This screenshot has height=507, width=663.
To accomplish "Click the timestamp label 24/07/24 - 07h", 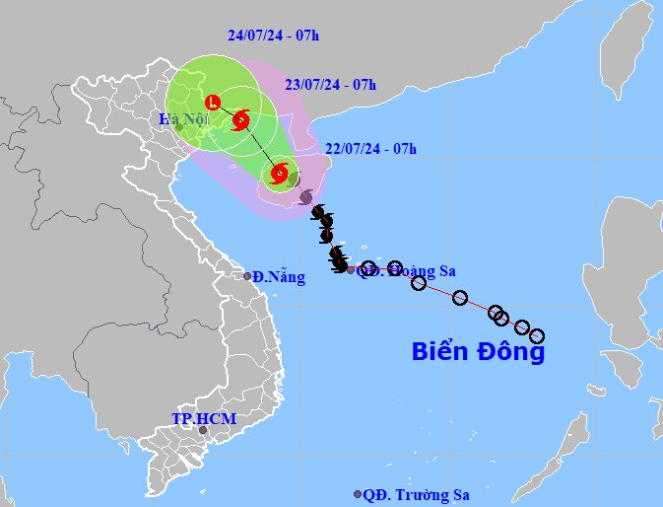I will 274,36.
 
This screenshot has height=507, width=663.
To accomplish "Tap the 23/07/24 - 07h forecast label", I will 330,84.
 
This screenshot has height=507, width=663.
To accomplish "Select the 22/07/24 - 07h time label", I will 370,149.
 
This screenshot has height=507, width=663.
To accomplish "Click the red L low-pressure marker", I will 212,102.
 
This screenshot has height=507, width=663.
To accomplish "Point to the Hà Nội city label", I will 181,119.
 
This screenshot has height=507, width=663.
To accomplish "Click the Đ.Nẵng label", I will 279,277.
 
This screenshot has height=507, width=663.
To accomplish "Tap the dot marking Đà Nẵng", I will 247,275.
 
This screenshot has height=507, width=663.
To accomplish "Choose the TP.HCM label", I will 204,419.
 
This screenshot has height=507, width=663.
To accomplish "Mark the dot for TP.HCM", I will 203,430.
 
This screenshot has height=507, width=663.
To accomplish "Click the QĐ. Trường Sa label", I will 413,494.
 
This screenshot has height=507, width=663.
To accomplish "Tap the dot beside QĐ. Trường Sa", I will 357,494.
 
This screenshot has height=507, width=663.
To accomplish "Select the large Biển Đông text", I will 478,351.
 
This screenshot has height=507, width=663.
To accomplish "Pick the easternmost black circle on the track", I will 537,336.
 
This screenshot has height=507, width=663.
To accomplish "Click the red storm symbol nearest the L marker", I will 241,120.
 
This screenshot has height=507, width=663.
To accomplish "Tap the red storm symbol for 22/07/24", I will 279,175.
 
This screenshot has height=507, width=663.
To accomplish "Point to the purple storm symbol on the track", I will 305,197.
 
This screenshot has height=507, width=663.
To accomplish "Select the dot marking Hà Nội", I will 178,127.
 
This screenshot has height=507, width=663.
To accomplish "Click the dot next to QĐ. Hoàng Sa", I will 352,269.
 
